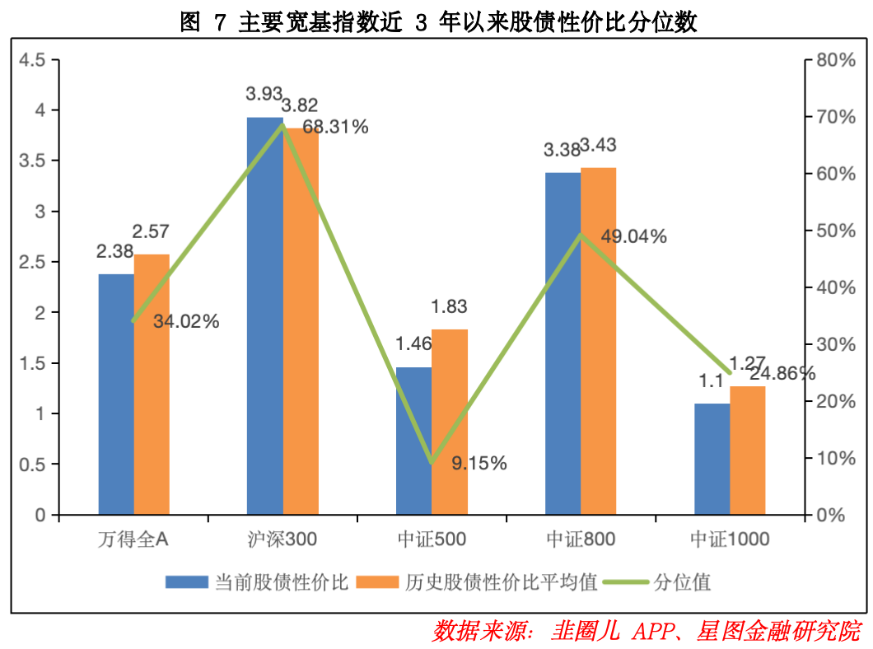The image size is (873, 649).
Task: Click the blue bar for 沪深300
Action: (265, 315)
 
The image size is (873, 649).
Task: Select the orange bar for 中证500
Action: (450, 422)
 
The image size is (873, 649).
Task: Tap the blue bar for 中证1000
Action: (712, 459)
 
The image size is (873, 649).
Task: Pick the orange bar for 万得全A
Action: (152, 384)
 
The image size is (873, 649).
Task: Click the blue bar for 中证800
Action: (563, 343)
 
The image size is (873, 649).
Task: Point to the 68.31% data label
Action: (335, 127)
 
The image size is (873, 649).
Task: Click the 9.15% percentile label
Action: (479, 463)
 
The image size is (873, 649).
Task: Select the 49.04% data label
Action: (633, 236)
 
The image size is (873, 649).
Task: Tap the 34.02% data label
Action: (186, 321)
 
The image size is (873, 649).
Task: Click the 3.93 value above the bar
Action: (264, 94)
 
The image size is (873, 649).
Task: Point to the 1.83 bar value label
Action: (449, 306)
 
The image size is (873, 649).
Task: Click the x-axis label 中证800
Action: (581, 539)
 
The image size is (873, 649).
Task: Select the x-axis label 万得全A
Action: (133, 539)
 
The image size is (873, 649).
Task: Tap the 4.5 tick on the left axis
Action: (32, 59)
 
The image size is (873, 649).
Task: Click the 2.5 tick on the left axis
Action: (32, 262)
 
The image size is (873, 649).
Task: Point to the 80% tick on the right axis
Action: (836, 59)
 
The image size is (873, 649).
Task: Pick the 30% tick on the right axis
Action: (836, 344)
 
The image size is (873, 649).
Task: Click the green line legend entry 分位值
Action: (657, 582)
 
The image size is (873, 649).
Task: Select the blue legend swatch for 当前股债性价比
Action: (186, 582)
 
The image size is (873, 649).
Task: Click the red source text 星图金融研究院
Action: (779, 631)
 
